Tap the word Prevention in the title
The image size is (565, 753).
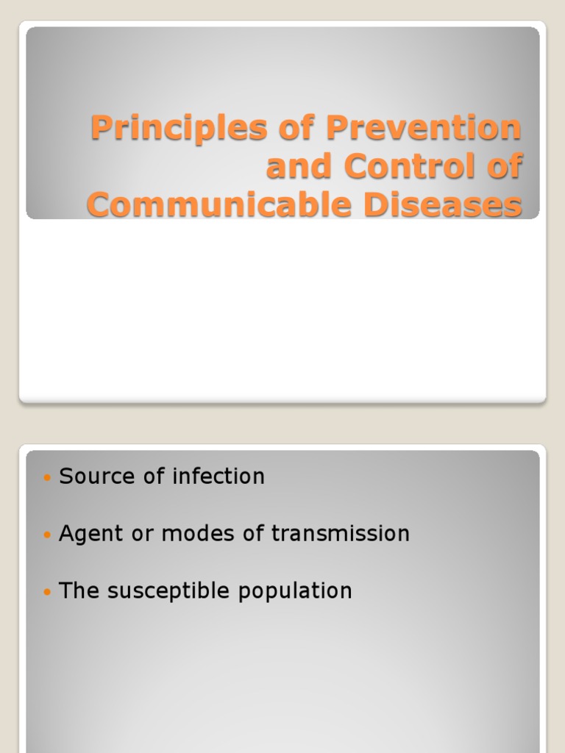tap(423, 129)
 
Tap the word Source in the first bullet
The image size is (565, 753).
tap(93, 477)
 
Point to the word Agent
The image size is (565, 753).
tap(88, 534)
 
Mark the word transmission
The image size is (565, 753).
tap(341, 534)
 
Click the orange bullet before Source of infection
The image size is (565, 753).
tap(48, 478)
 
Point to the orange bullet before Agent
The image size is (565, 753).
tap(48, 535)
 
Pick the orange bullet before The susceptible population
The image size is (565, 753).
tap(48, 592)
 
